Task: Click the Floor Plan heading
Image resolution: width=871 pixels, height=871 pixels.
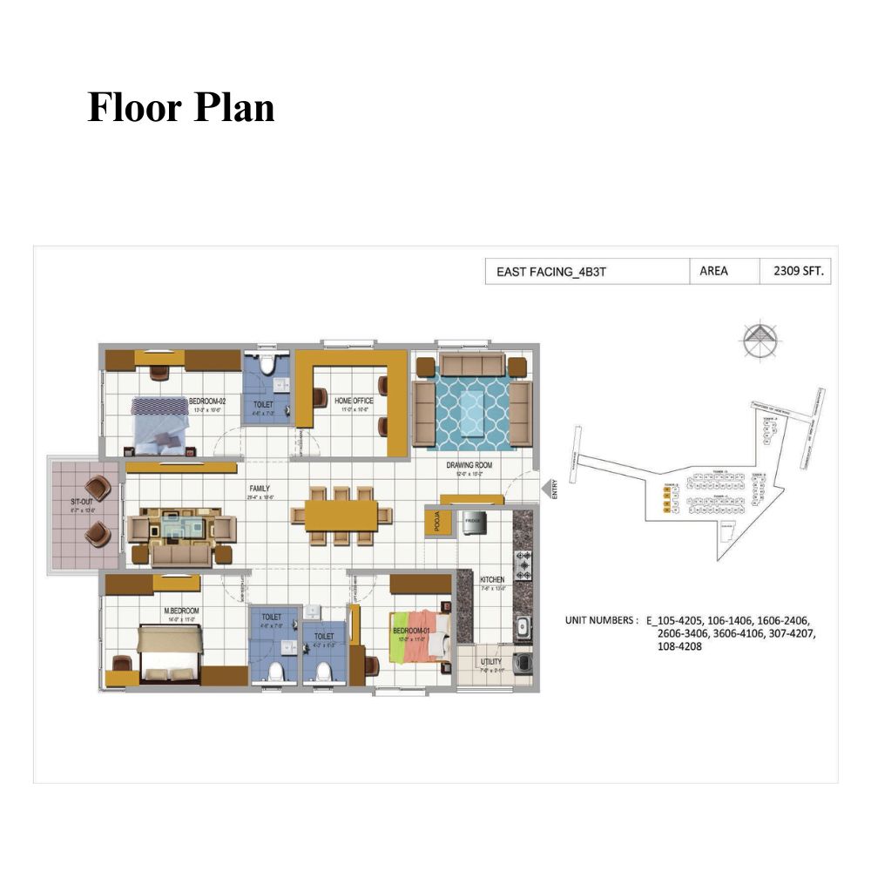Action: (181, 108)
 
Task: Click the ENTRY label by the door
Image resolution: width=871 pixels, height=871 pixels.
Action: (554, 490)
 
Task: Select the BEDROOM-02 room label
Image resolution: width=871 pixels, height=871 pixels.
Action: (206, 402)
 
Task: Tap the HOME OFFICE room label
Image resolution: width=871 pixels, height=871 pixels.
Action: (354, 401)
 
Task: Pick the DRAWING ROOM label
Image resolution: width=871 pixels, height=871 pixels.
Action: (469, 465)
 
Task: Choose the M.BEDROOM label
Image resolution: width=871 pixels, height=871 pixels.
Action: (182, 611)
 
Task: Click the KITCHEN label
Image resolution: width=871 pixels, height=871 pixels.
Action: (492, 579)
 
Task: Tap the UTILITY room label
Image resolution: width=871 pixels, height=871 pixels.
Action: (491, 662)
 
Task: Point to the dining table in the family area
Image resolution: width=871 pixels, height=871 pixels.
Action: (341, 515)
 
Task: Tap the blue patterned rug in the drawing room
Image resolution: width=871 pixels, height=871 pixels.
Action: (471, 407)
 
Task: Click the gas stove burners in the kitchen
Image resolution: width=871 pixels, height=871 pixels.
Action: (523, 565)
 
